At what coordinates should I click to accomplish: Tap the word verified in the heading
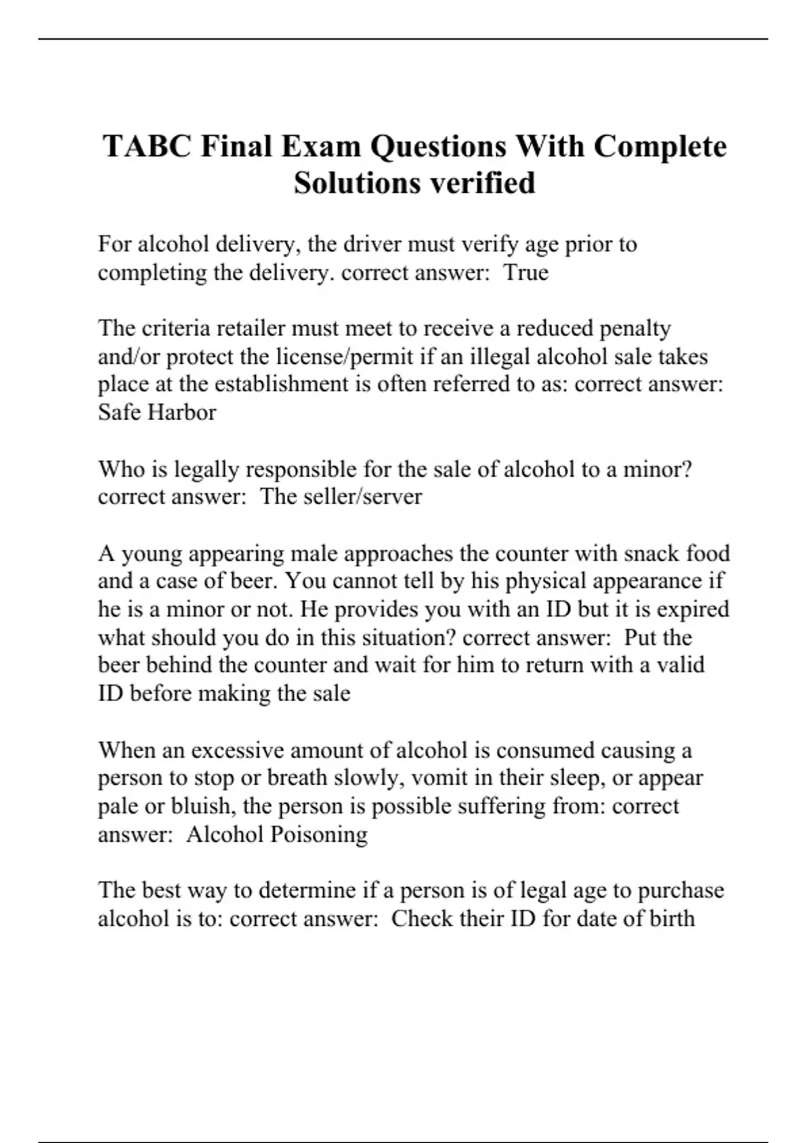pyautogui.click(x=483, y=183)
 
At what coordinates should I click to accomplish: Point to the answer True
pyautogui.click(x=526, y=272)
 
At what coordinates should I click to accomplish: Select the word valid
pyautogui.click(x=681, y=665)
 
